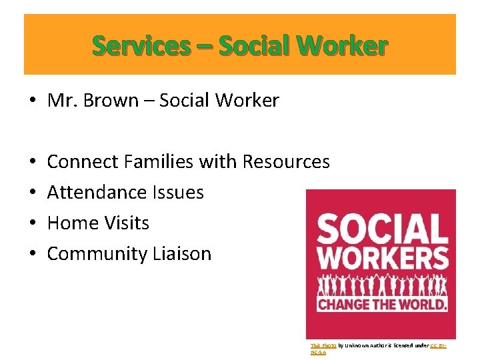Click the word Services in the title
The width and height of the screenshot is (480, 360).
coord(141,46)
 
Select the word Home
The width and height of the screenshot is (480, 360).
coord(70,223)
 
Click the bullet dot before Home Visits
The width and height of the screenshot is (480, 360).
coord(32,223)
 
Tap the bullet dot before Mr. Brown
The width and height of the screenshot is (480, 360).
coord(32,101)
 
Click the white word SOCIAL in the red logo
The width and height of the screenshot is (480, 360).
coord(381,230)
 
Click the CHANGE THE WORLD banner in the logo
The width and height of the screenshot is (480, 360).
coord(381,304)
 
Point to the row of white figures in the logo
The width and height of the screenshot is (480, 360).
coord(381,284)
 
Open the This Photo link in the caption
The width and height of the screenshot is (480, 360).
coord(319,345)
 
